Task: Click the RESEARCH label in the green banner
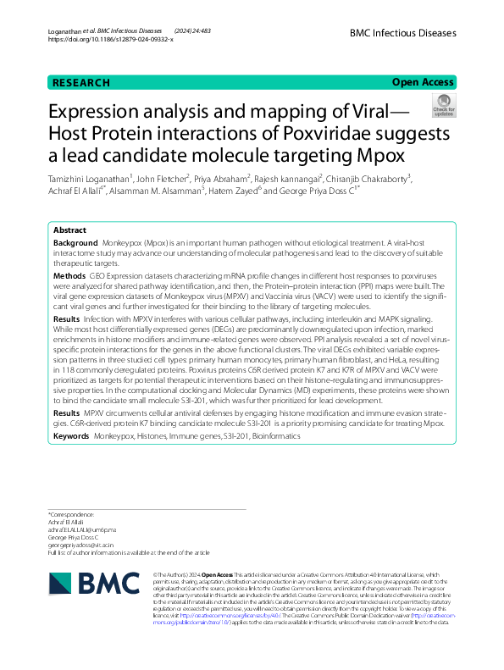pyautogui.click(x=81, y=82)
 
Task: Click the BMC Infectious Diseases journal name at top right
pyautogui.click(x=402, y=33)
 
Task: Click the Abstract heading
pyautogui.click(x=69, y=230)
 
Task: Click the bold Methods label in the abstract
pyautogui.click(x=69, y=275)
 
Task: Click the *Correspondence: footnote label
pyautogui.click(x=71, y=515)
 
